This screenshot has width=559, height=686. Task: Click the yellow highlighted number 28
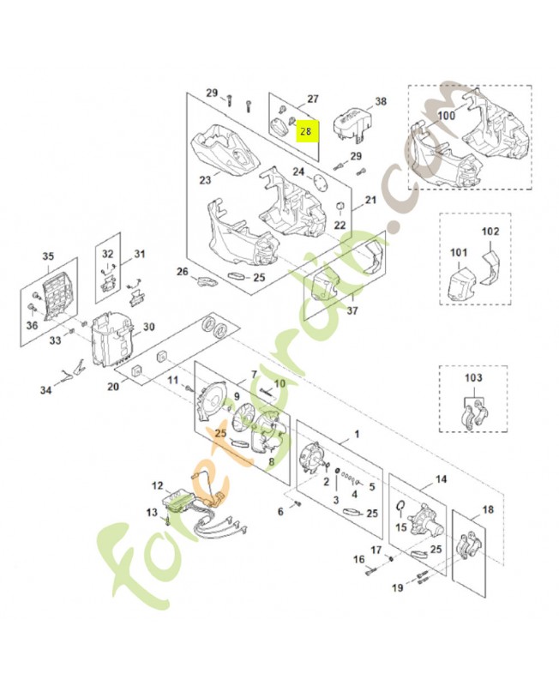[305, 131]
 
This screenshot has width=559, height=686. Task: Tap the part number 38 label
[381, 101]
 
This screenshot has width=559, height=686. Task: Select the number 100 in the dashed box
[447, 115]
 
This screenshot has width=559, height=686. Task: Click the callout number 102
[490, 232]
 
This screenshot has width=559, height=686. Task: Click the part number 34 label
[45, 391]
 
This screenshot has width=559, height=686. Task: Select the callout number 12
[157, 486]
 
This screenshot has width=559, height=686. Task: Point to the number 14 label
[442, 480]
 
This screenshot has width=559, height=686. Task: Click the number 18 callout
[488, 510]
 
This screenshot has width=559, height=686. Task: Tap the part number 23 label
[205, 181]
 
